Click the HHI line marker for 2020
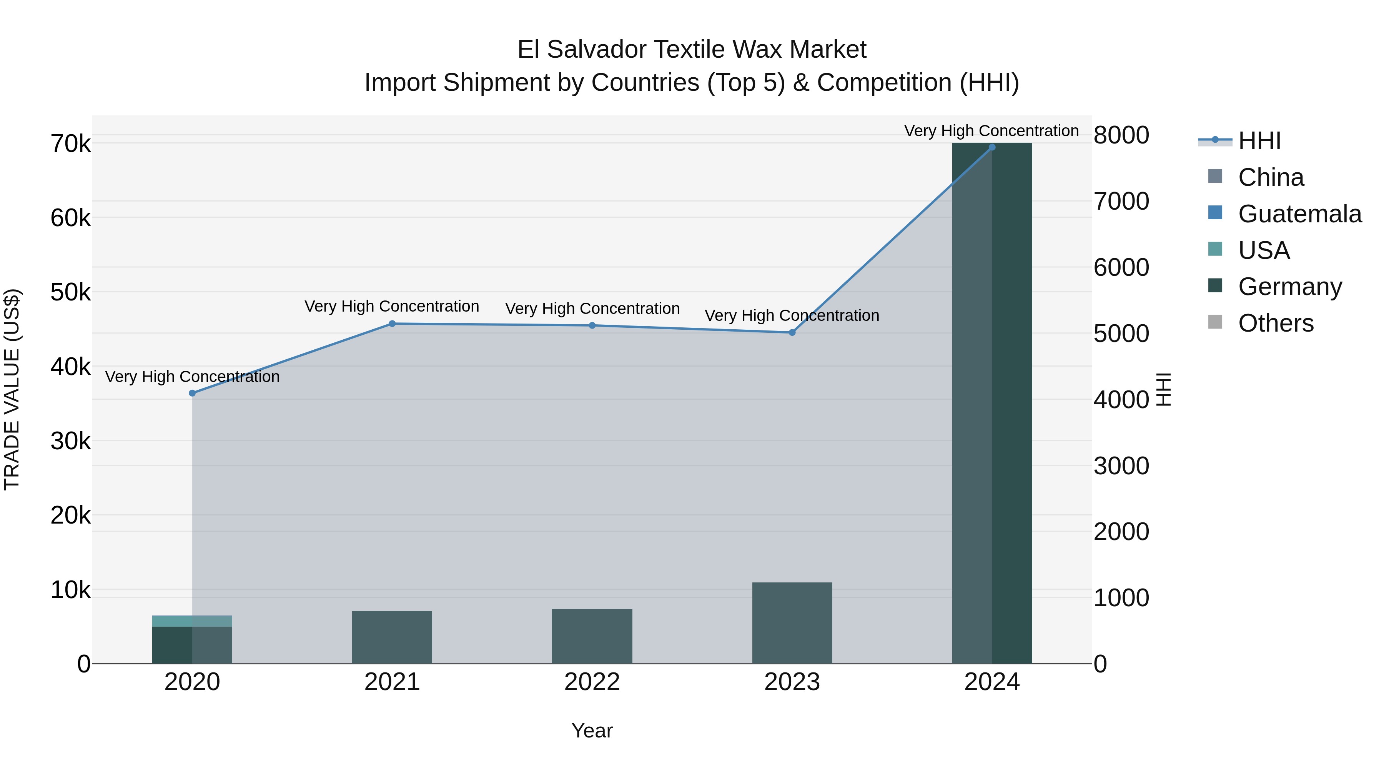coord(192,393)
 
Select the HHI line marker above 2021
coord(392,324)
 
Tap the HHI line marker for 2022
coord(592,325)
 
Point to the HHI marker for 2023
coord(792,332)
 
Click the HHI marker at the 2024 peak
coord(992,147)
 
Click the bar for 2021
coord(392,637)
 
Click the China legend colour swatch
coord(1215,176)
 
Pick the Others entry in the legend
coord(1276,323)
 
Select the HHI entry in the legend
coord(1259,141)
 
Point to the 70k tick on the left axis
coord(70,144)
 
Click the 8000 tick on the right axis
coord(1121,135)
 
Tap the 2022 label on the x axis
coord(592,682)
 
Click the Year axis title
coord(592,731)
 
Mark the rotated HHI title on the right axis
coord(1163,389)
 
